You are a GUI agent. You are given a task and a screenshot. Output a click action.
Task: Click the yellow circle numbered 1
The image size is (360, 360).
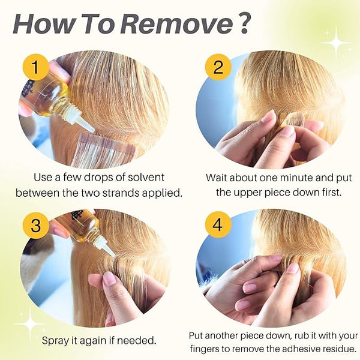(x=35, y=67)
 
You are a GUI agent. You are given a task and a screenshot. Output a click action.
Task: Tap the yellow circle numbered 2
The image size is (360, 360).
(x=218, y=67)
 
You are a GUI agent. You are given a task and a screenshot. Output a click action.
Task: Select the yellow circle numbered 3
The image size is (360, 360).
(x=35, y=225)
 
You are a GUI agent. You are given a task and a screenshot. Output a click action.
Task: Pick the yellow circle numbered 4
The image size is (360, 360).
(x=218, y=225)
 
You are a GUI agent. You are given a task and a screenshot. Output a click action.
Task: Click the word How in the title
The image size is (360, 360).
(x=44, y=25)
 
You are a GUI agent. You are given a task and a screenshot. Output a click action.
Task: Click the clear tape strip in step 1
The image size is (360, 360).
(x=103, y=151)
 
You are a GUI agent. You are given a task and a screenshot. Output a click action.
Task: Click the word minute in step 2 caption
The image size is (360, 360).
(x=296, y=178)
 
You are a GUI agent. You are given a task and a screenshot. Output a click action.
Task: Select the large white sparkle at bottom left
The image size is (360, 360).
(x=31, y=324)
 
